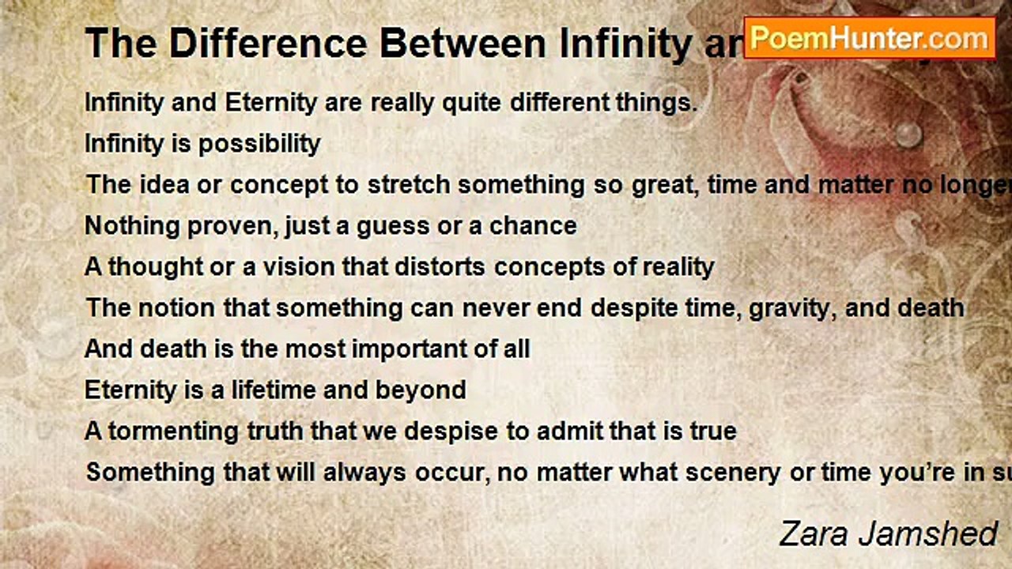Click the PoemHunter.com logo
click(x=870, y=37)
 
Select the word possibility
click(x=259, y=144)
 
